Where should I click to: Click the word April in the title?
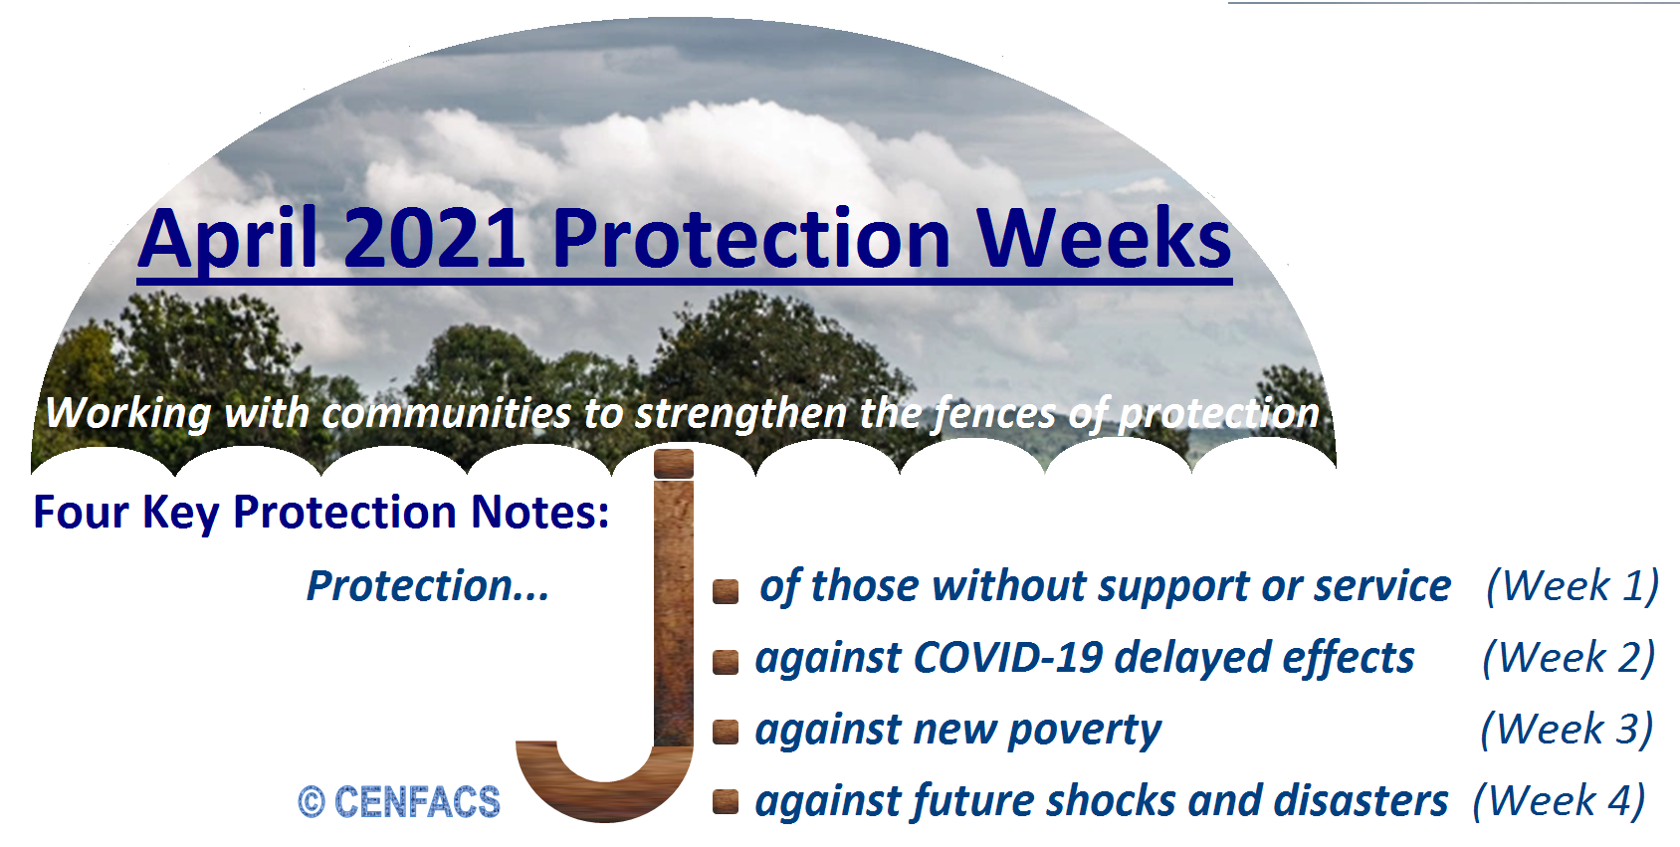point(228,239)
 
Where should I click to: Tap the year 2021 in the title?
point(434,239)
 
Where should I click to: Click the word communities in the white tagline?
point(446,413)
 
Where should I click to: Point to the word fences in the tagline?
point(993,413)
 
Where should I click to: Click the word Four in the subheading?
point(81,513)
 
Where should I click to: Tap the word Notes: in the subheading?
point(539,513)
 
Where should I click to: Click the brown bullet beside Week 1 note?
point(726,591)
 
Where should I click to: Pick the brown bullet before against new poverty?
point(726,732)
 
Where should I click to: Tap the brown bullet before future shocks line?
point(726,801)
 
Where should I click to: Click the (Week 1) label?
point(1573,586)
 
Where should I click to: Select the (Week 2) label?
point(1569,658)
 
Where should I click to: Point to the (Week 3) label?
point(1567,730)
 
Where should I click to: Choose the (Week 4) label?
point(1560,800)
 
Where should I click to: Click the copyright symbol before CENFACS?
point(312,802)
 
